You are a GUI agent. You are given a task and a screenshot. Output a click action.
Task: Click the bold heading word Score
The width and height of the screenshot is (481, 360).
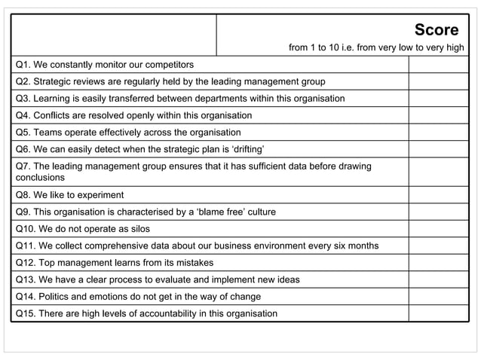tap(436, 30)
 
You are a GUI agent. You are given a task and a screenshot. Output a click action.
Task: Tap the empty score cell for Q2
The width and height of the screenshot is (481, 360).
tap(438, 81)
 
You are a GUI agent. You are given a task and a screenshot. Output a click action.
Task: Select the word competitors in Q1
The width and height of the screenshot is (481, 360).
tap(167, 65)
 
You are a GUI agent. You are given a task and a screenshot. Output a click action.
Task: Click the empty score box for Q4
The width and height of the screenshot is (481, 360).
tap(438, 115)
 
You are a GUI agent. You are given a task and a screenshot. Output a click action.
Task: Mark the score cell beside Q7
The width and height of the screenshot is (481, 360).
tap(438, 172)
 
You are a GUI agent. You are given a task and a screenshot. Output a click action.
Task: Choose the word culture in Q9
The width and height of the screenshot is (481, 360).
tap(258, 212)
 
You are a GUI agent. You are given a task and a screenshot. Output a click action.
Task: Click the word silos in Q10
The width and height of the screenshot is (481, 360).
tap(136, 229)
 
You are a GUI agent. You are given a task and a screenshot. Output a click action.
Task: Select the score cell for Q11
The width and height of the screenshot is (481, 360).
tap(438, 246)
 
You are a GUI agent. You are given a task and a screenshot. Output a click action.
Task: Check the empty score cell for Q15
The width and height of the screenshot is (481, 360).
tap(438, 313)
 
